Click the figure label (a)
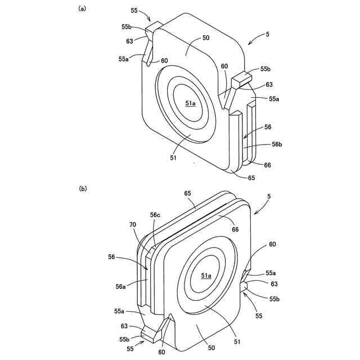point(82,9)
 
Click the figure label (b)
point(82,190)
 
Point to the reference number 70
point(133,224)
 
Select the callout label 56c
point(156,215)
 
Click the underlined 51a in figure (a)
point(190,103)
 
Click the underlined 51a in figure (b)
point(206,275)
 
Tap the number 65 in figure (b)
point(188,193)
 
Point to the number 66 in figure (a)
point(267,165)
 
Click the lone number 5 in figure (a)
point(267,34)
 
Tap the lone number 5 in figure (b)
point(268,196)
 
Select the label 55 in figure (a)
point(134,10)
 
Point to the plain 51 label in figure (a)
point(173,158)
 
